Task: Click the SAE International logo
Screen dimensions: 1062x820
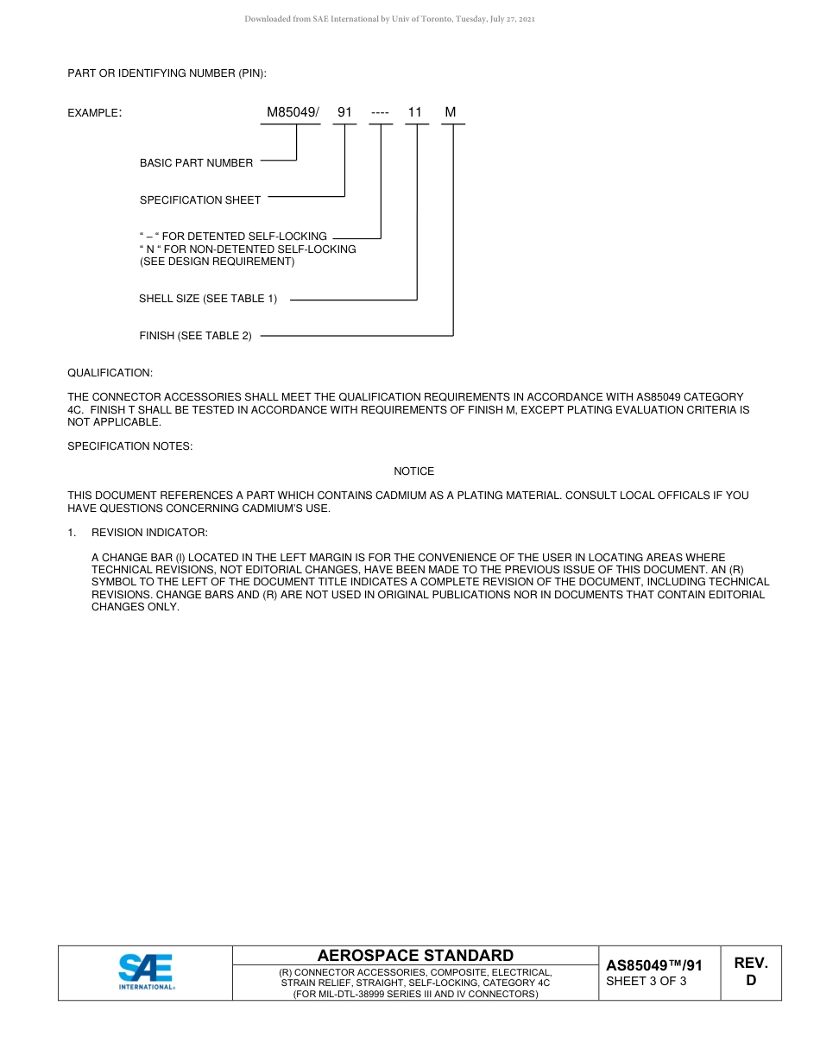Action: (x=146, y=972)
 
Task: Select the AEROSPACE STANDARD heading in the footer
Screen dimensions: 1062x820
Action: (x=415, y=955)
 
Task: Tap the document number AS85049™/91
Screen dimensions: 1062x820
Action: (x=654, y=965)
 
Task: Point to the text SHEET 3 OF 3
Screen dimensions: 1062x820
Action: (x=647, y=981)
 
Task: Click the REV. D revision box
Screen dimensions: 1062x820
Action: (x=750, y=971)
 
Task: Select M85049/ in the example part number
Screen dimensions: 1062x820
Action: (x=293, y=112)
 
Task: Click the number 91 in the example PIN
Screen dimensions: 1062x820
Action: (x=344, y=112)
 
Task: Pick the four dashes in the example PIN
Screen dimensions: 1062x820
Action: (x=380, y=112)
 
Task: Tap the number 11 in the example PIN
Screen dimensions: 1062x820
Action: (x=415, y=112)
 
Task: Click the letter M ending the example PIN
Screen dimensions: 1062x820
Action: (x=451, y=112)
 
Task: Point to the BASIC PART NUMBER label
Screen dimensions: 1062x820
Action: (x=196, y=162)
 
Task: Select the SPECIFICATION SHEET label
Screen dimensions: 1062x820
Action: (x=200, y=199)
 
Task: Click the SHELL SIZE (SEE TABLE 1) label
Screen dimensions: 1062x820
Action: (x=208, y=299)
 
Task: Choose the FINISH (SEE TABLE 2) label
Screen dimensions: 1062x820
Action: (x=196, y=336)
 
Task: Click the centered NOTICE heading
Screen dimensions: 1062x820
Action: (x=414, y=471)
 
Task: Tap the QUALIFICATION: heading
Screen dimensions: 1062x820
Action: (x=110, y=373)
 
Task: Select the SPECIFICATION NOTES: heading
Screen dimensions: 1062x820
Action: (x=130, y=446)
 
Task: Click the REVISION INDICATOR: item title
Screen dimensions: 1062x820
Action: (x=149, y=533)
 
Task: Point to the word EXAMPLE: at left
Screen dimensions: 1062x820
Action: (x=94, y=113)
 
